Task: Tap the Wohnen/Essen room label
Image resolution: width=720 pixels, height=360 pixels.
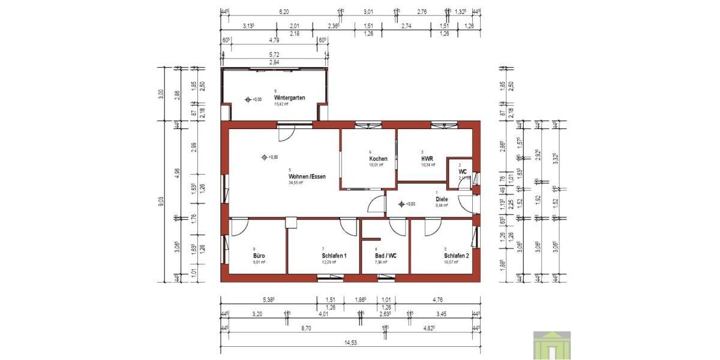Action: (307, 176)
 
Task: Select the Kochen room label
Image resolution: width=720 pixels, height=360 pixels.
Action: (378, 158)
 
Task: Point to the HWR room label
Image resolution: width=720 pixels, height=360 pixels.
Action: (428, 158)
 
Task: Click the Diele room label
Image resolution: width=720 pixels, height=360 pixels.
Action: (442, 199)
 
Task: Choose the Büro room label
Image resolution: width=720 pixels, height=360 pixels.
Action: (259, 256)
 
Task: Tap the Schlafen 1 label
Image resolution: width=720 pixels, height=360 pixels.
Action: (334, 256)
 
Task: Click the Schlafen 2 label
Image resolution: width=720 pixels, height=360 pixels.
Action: (456, 255)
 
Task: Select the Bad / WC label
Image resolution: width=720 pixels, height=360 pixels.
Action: (385, 256)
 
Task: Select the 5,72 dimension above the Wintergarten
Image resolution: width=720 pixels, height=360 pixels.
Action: (274, 55)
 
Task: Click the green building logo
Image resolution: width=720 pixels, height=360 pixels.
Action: (552, 345)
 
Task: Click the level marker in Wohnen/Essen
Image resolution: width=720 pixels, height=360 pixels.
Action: (264, 157)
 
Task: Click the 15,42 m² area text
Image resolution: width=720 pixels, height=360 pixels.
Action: (281, 104)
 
